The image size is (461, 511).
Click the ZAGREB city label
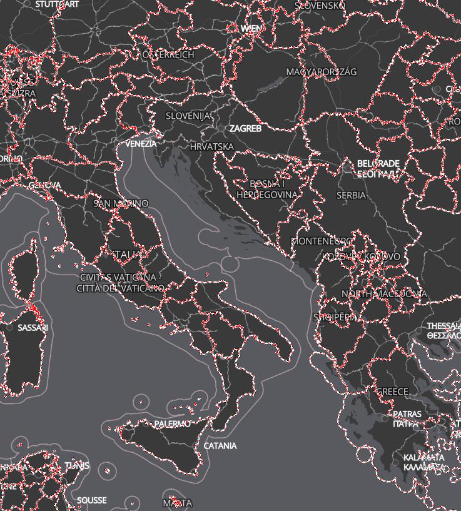245,128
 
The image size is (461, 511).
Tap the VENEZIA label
141,144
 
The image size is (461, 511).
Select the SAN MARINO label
121,203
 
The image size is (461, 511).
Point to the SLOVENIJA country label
189,116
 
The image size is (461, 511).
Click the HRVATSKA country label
212,147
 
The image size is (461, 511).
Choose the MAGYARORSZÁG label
322,72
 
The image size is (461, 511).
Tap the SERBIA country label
351,195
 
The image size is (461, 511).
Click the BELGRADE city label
378,164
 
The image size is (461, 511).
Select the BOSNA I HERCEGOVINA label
267,190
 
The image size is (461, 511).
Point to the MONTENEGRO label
322,241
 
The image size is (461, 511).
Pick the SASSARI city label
33,328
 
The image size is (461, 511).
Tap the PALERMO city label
172,424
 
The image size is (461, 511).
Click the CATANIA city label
220,446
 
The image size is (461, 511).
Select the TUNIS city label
77,466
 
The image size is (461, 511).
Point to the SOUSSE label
92,500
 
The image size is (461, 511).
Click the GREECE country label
392,392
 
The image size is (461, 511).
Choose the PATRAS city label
407,414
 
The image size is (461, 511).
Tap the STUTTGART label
58,4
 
